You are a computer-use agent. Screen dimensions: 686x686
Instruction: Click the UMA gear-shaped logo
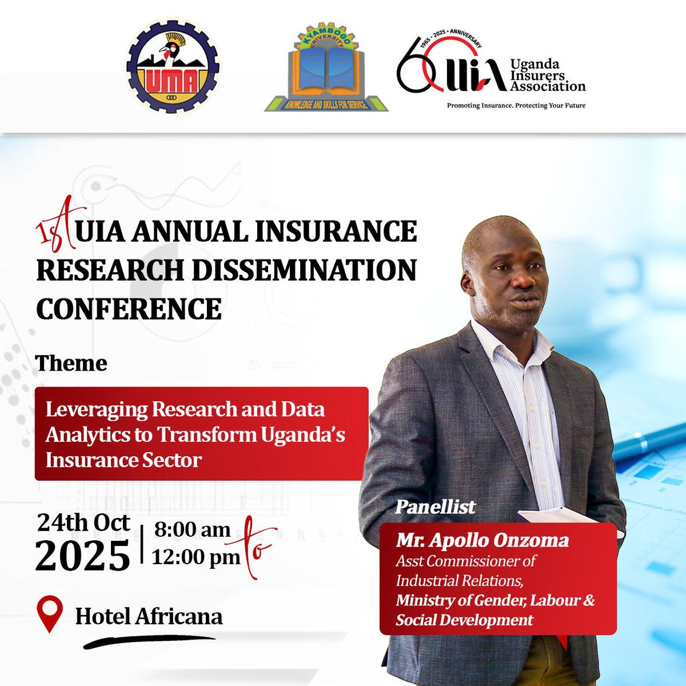click(173, 67)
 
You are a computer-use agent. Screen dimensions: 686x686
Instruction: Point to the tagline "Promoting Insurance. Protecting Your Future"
click(516, 106)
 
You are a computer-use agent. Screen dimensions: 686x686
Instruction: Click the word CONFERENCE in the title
click(129, 309)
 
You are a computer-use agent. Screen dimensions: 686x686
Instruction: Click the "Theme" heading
click(71, 363)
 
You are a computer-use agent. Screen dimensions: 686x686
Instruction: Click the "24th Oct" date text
click(83, 523)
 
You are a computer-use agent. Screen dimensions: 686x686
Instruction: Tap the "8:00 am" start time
click(192, 530)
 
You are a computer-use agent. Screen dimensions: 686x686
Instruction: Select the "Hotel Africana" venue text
click(149, 616)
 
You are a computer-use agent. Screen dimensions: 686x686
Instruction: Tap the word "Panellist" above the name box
click(435, 506)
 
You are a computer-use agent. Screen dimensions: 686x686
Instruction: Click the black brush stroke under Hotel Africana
click(149, 641)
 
